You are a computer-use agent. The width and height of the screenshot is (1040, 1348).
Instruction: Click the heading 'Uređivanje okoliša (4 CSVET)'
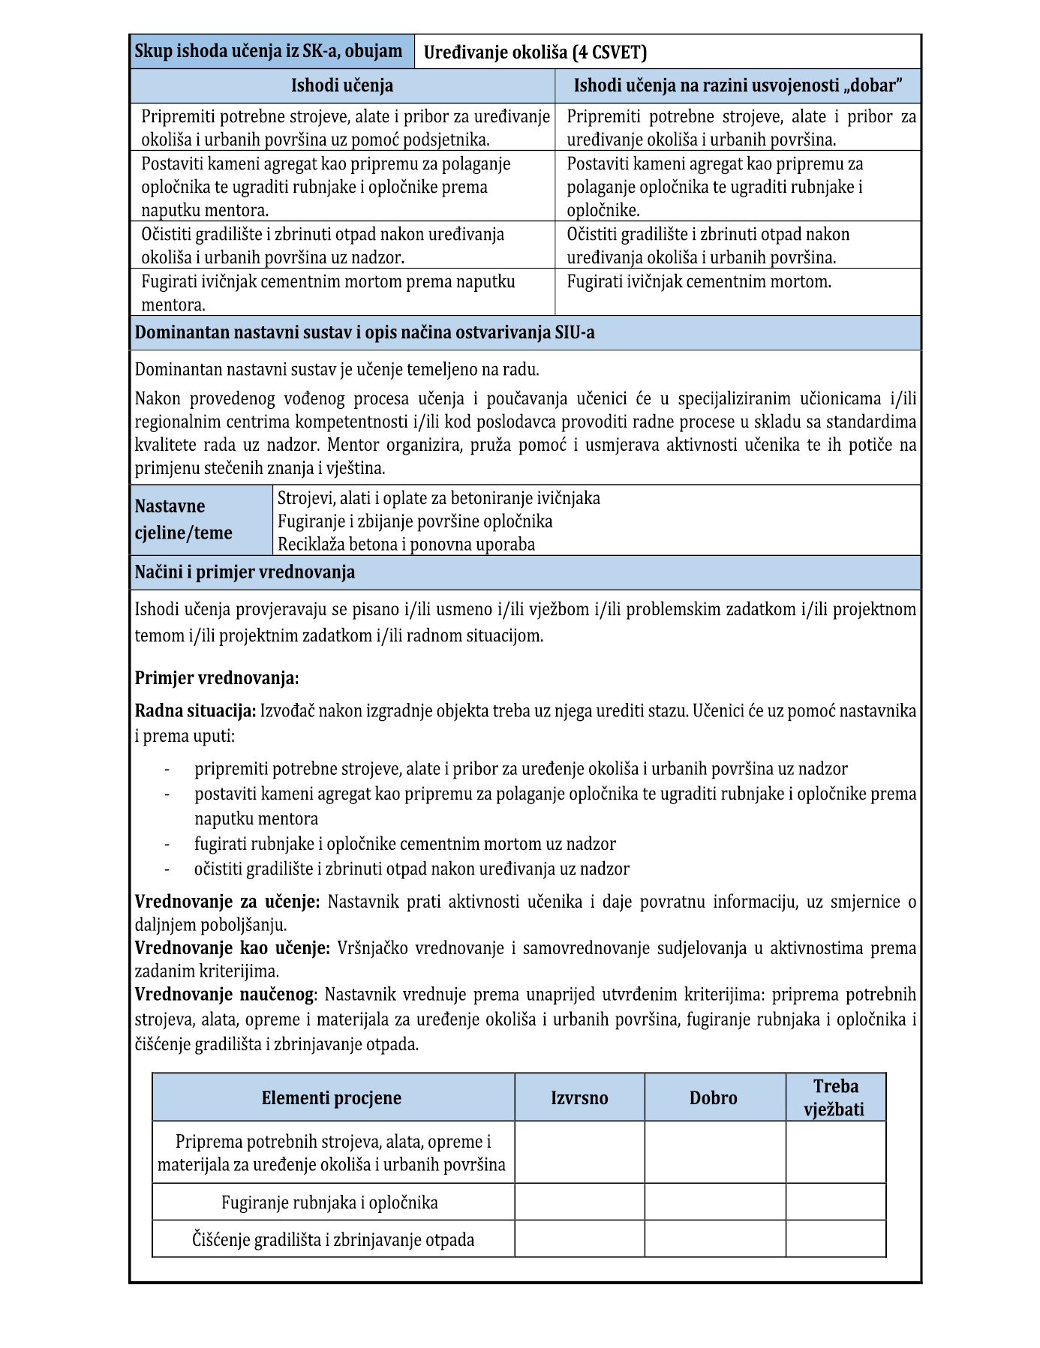click(535, 53)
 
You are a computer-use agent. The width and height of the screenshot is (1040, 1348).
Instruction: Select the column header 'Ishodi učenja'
click(342, 86)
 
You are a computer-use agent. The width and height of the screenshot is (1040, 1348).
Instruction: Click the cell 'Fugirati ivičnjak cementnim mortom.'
click(699, 283)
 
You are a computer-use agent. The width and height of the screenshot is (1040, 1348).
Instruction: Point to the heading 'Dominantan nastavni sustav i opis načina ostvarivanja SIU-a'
click(365, 333)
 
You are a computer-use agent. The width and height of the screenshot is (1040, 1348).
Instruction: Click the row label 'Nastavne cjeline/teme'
click(184, 520)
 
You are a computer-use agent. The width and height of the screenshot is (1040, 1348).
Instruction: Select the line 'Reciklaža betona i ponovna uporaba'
click(406, 545)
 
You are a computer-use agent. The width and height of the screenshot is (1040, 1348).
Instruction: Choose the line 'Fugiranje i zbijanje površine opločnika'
click(415, 521)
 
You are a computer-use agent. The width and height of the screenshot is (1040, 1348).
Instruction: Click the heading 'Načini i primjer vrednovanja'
click(245, 572)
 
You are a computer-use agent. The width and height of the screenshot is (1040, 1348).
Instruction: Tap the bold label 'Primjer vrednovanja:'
click(217, 679)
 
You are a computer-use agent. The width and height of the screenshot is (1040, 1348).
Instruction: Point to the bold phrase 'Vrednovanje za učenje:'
click(227, 902)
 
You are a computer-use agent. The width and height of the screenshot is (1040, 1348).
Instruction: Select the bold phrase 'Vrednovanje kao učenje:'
click(232, 948)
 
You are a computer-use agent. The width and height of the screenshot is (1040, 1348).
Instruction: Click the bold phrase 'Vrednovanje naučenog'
click(224, 995)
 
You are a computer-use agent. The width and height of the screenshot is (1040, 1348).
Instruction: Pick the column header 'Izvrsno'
click(579, 1098)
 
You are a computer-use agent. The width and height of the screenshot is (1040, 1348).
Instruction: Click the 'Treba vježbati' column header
click(835, 1098)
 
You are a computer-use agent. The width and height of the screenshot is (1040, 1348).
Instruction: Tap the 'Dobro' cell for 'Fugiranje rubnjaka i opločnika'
click(714, 1202)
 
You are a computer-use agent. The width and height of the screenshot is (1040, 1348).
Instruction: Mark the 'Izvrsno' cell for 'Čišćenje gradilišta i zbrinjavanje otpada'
click(579, 1239)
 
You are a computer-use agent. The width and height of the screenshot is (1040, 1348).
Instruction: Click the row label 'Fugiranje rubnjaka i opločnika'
click(329, 1203)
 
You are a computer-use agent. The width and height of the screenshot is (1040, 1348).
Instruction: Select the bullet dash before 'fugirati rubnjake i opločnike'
click(167, 845)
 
